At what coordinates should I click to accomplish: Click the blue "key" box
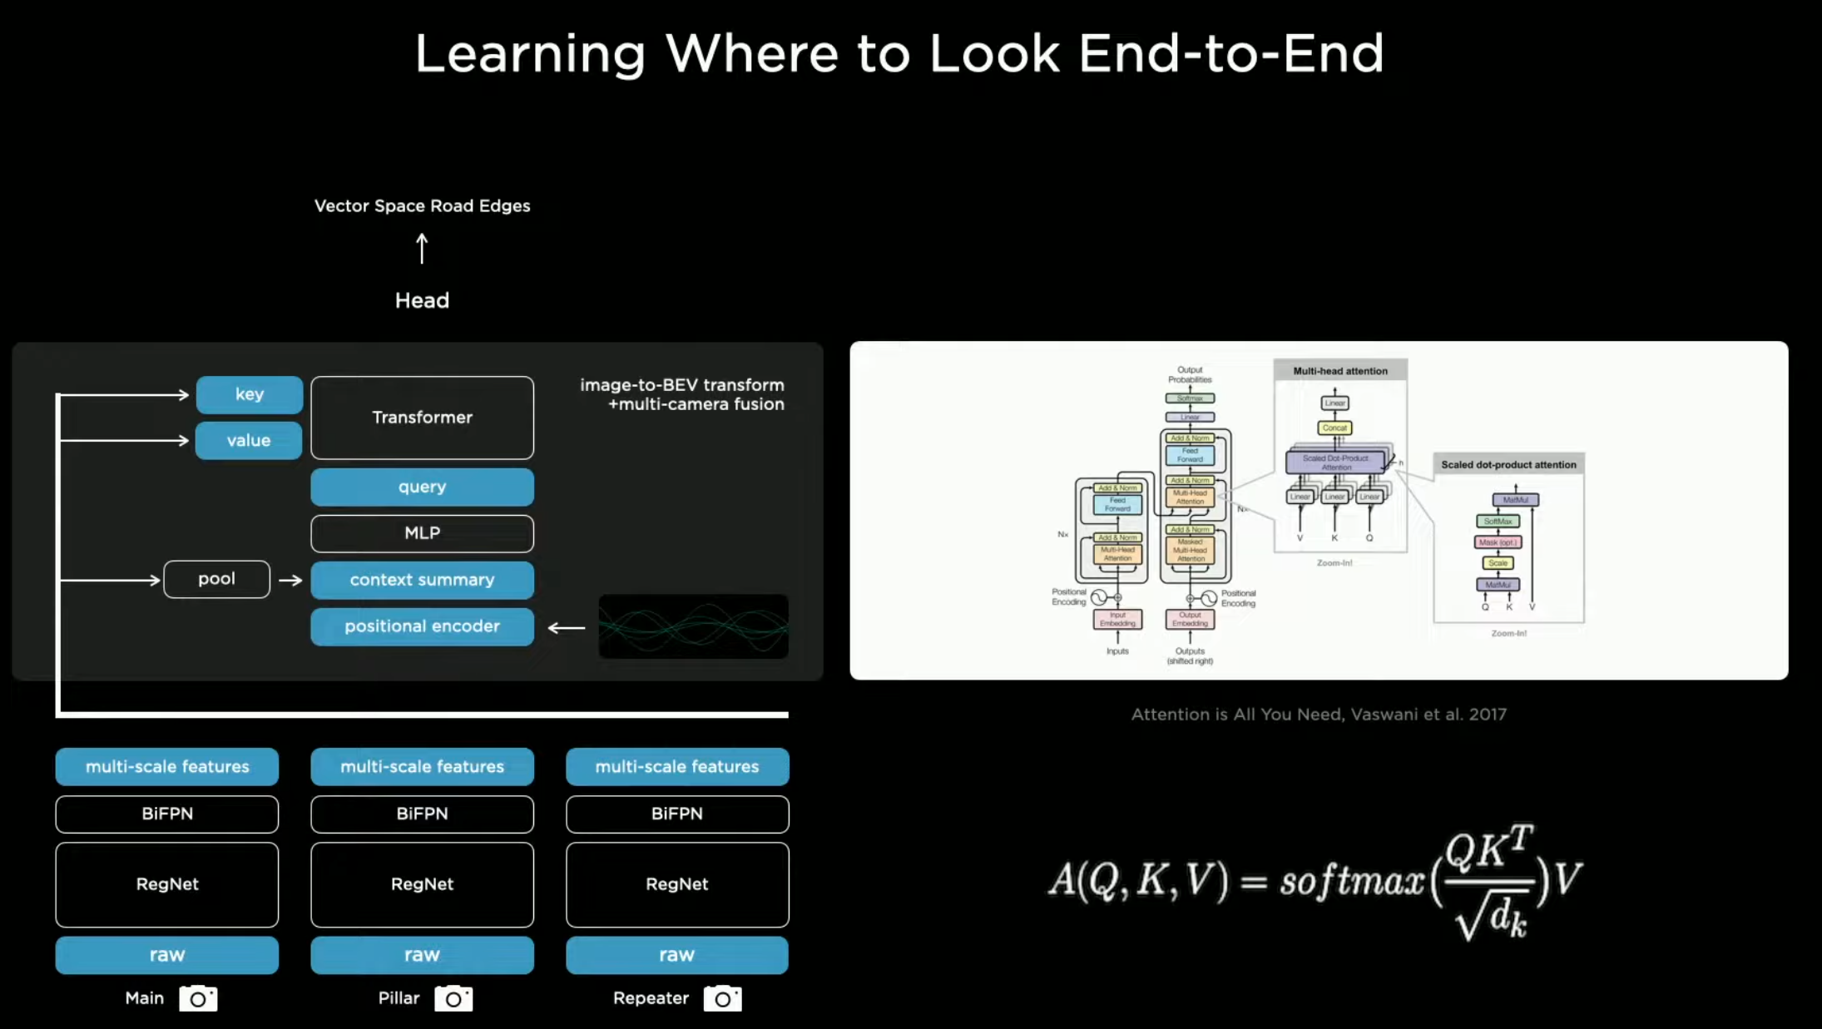(x=250, y=394)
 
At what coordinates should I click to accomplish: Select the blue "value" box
(x=249, y=441)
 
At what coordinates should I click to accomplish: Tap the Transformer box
(x=422, y=418)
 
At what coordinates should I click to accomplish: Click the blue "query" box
(x=422, y=487)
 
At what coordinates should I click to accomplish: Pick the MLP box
(x=422, y=533)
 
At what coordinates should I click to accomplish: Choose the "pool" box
(x=216, y=579)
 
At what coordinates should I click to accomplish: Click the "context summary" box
(x=422, y=580)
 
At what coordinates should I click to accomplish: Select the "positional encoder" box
(x=422, y=626)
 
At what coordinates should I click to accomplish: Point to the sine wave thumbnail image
(x=693, y=626)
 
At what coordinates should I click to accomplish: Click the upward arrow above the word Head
(x=422, y=248)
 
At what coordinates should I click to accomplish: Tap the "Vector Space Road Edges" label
(x=422, y=205)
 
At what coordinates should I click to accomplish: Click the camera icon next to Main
(x=198, y=998)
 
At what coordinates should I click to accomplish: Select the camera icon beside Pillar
(x=453, y=998)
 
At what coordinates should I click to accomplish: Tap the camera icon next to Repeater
(x=722, y=998)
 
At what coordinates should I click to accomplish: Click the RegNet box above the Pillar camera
(x=422, y=884)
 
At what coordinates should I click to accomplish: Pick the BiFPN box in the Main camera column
(x=167, y=814)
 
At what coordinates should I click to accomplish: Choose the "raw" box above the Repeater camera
(x=676, y=955)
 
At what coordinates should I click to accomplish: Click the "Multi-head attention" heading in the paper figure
(x=1339, y=371)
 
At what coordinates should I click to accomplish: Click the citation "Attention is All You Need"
(x=1318, y=715)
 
